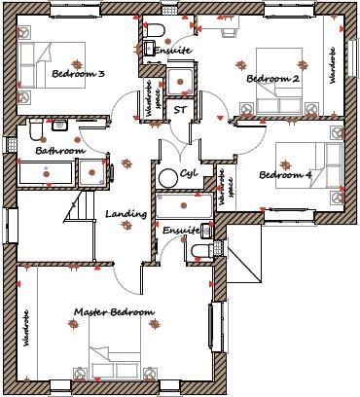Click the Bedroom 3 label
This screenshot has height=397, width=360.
click(x=79, y=74)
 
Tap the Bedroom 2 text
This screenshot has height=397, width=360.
click(x=272, y=79)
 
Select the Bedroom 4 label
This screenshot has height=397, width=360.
click(x=285, y=175)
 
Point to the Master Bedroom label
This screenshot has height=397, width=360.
click(x=114, y=312)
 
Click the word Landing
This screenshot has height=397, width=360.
click(x=126, y=214)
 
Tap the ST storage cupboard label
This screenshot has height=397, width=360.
click(x=180, y=110)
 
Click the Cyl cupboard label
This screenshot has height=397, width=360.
click(x=189, y=174)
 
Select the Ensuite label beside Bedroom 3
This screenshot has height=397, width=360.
click(x=173, y=50)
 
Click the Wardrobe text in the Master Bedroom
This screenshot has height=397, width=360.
click(x=26, y=328)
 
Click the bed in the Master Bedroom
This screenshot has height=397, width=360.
click(x=115, y=365)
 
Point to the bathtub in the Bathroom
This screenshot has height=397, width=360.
click(x=48, y=174)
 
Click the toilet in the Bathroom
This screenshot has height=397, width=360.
click(x=34, y=130)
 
